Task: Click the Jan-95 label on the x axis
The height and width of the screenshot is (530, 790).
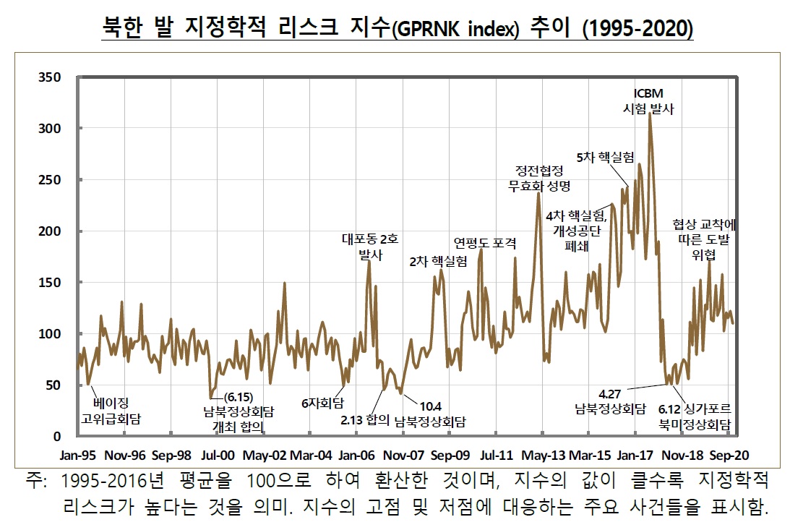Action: [x=77, y=456]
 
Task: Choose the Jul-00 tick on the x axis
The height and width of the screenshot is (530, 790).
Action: [x=217, y=456]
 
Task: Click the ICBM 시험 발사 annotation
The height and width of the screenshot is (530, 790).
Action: [x=648, y=101]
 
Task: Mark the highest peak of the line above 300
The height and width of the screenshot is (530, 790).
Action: [x=650, y=115]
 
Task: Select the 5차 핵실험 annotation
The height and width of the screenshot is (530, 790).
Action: [x=605, y=156]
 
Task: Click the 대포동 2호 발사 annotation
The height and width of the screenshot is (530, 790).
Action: [x=370, y=246]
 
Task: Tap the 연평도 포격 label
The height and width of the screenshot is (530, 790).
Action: [x=484, y=242]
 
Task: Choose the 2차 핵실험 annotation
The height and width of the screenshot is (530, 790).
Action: [x=438, y=261]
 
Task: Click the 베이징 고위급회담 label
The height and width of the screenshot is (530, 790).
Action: [x=111, y=410]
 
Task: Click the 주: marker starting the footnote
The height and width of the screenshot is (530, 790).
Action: [x=33, y=481]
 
